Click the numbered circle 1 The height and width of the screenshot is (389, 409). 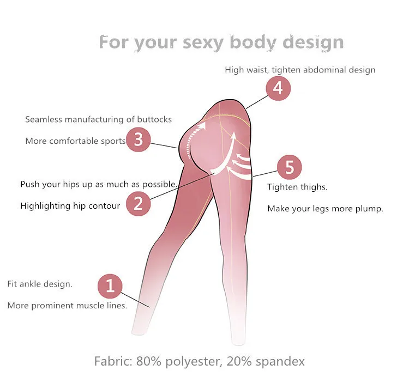[110, 285]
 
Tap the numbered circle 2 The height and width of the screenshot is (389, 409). [139, 204]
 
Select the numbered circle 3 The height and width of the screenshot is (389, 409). [139, 139]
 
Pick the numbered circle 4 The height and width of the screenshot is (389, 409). [278, 88]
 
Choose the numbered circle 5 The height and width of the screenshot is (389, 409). [289, 167]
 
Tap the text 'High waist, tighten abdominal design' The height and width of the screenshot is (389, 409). [300, 70]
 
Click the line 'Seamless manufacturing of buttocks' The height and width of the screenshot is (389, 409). [98, 119]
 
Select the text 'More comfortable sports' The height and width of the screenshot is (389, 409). [75, 141]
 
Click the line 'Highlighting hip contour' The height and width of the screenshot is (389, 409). [70, 206]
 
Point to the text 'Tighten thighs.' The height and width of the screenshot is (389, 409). [297, 187]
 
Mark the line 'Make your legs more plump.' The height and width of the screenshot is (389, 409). [325, 209]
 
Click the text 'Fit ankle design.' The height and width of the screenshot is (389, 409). [39, 284]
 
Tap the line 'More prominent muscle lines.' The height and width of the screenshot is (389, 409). [67, 306]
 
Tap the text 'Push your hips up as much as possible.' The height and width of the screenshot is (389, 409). [99, 184]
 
